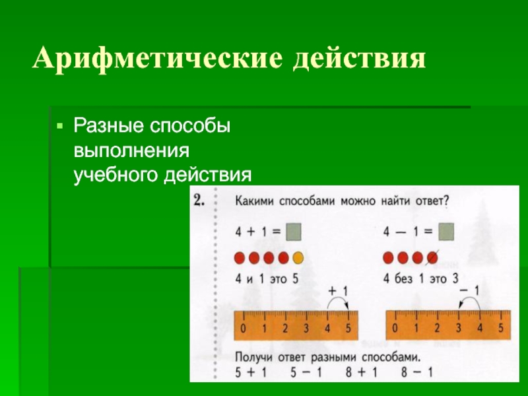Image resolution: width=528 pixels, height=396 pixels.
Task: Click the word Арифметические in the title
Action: coord(156,61)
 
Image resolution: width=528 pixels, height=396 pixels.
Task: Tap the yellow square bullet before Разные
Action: coord(60,124)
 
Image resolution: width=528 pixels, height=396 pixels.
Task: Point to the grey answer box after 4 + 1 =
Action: coord(294,232)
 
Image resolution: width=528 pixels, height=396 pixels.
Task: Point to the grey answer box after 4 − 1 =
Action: coord(446,232)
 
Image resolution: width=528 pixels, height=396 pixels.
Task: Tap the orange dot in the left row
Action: coord(298,257)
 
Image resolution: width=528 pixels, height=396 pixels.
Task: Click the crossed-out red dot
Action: coord(432,257)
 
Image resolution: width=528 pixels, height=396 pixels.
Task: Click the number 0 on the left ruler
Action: coord(244,327)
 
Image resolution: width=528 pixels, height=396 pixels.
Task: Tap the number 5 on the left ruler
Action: coord(348,327)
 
